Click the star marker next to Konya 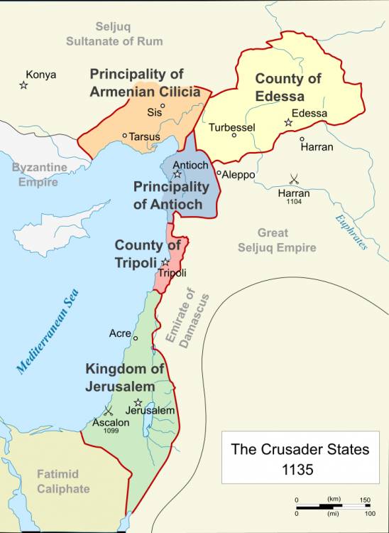tap(23, 85)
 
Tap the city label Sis tap(153, 112)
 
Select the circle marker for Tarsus tap(125, 136)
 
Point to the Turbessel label tap(232, 127)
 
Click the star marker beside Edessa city tap(288, 123)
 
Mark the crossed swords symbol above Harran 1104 tap(293, 180)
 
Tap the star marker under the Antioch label tap(177, 174)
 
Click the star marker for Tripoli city tap(165, 262)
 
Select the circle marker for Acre tap(136, 338)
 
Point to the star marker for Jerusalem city tap(138, 402)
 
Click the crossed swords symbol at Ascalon tap(109, 410)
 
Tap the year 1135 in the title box tap(300, 470)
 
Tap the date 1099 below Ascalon tap(110, 431)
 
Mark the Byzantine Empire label tap(39, 174)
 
